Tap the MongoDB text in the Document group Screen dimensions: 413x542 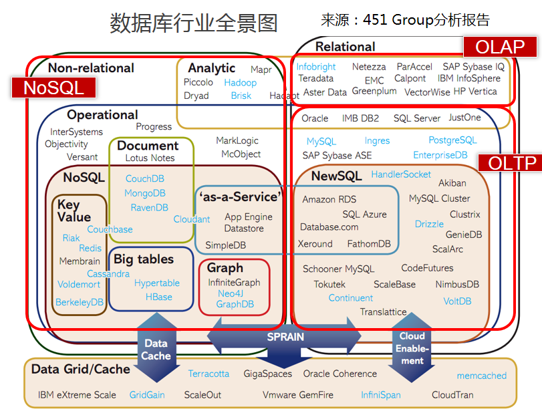[x=145, y=193]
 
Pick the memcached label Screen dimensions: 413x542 [x=481, y=376]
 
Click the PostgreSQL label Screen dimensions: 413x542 [x=452, y=140]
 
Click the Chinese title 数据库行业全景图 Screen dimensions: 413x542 [x=193, y=23]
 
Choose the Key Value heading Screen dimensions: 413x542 [x=74, y=211]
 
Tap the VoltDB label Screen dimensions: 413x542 [x=457, y=301]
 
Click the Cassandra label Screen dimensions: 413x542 [x=108, y=273]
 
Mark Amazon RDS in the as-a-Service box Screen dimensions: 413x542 [x=329, y=199]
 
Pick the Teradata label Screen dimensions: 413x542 [x=315, y=78]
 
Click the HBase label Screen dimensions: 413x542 [x=159, y=297]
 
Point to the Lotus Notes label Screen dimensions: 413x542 [x=150, y=158]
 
